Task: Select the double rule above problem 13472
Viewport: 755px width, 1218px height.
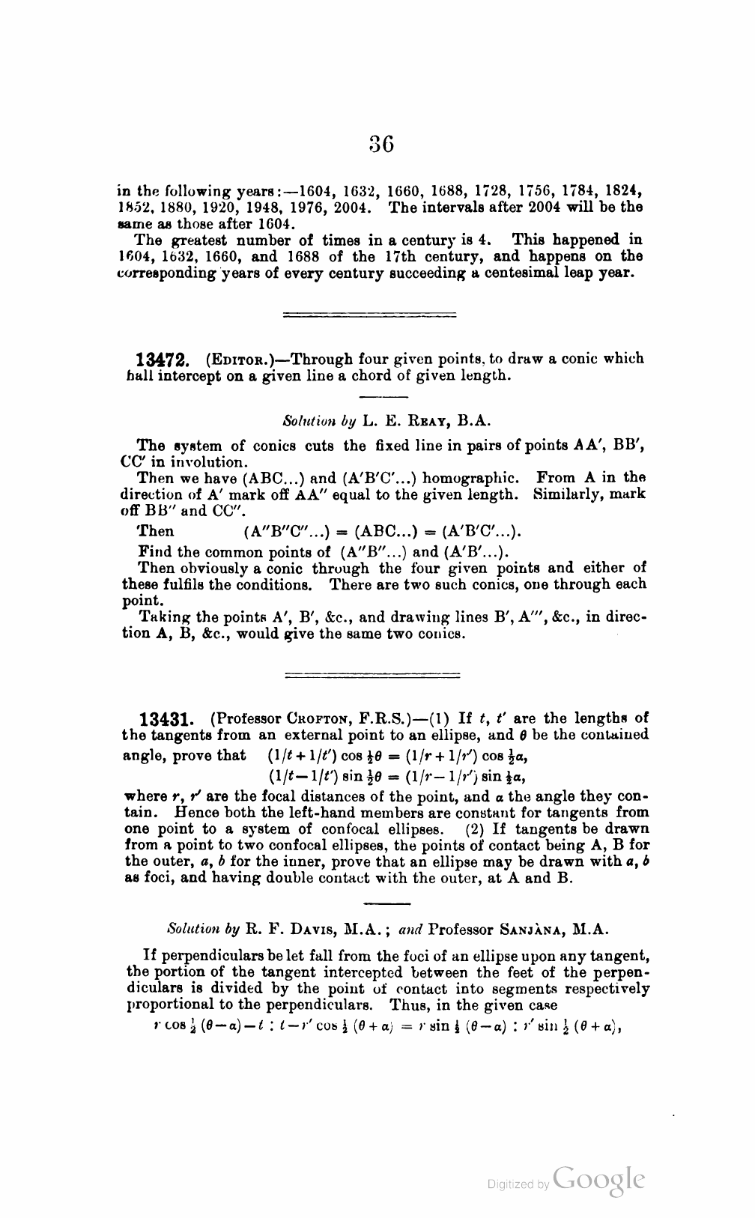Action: (x=372, y=315)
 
